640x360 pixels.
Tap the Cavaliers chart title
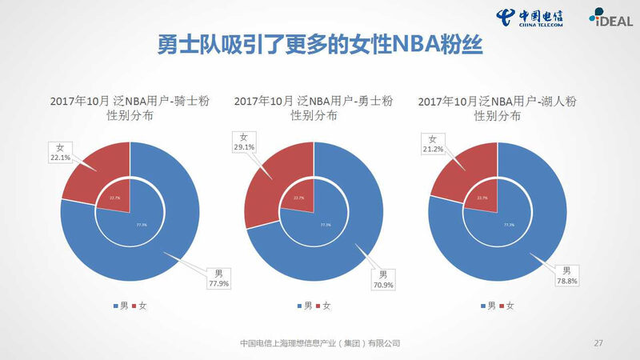[130, 108]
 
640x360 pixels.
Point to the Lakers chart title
[498, 108]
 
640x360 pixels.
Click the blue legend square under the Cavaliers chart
[114, 306]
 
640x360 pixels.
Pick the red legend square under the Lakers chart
[501, 306]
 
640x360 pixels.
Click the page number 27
[598, 343]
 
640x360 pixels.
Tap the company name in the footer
[320, 343]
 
